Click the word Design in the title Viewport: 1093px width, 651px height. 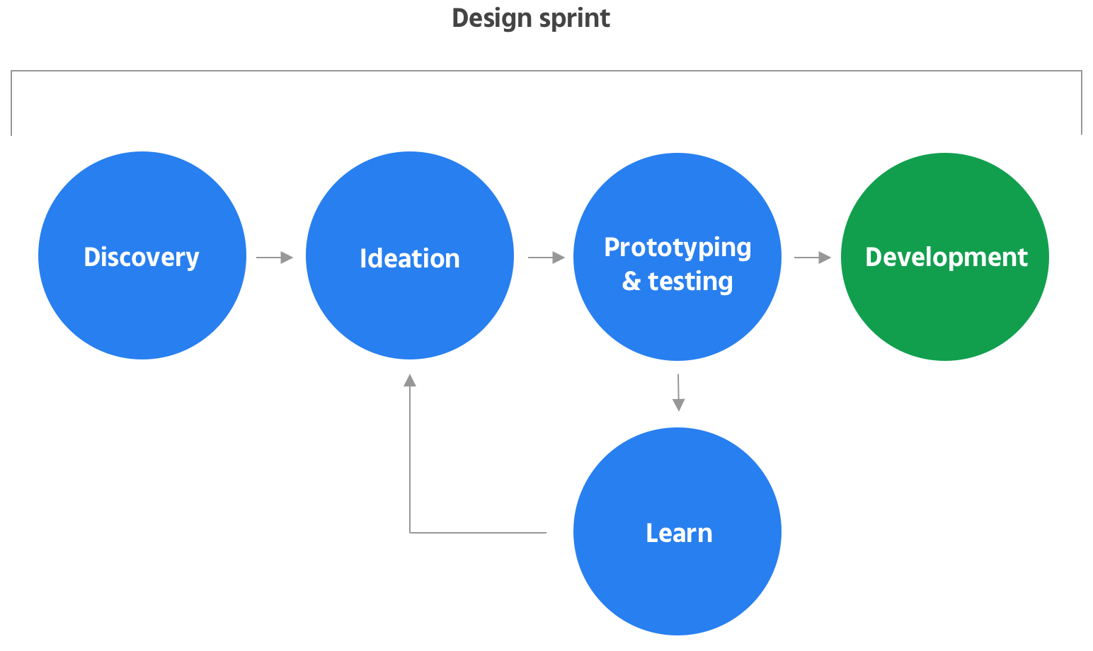click(x=491, y=18)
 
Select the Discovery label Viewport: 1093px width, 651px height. click(x=142, y=257)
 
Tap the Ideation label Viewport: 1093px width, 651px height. click(x=409, y=258)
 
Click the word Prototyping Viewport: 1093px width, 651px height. click(x=677, y=247)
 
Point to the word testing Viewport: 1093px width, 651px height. click(x=690, y=281)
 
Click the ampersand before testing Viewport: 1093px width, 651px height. click(x=631, y=281)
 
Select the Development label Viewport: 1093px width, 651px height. click(x=946, y=257)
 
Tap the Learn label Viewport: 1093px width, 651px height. click(x=678, y=533)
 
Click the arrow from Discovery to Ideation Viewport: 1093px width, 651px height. click(x=275, y=258)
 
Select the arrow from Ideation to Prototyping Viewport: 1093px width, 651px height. click(x=547, y=258)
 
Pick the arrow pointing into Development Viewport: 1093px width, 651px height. click(x=813, y=258)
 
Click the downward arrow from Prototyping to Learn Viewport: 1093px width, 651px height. click(x=678, y=393)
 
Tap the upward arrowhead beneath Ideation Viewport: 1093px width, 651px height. click(x=410, y=380)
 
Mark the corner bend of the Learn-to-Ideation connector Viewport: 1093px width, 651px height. click(x=410, y=532)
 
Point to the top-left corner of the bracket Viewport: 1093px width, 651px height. click(x=11, y=71)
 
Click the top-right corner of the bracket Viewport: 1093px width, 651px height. click(x=1082, y=71)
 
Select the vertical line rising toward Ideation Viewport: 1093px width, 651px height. click(x=410, y=460)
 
